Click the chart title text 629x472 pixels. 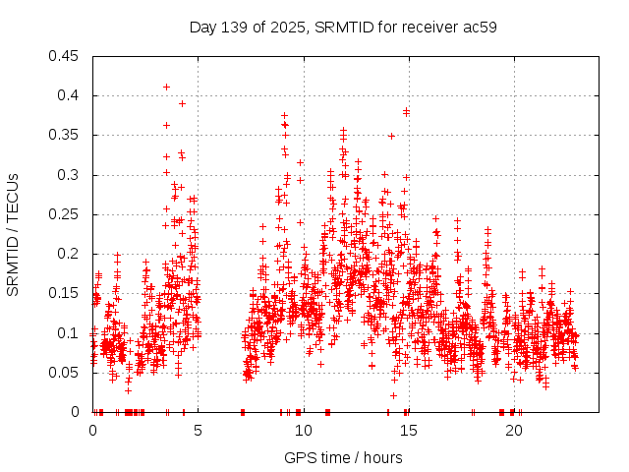point(342,27)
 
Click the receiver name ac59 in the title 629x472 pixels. point(479,27)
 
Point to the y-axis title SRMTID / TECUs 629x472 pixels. point(13,234)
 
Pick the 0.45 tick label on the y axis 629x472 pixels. point(65,56)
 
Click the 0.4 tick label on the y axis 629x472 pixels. point(69,95)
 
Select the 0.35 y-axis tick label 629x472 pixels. point(65,136)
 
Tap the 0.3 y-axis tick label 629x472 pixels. point(69,175)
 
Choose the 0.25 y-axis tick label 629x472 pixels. point(65,214)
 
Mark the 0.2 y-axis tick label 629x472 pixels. point(69,254)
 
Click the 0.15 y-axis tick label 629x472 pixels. point(65,293)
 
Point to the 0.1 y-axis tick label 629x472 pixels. point(69,333)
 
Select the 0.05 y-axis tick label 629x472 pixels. point(65,373)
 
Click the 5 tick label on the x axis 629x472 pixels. point(198,431)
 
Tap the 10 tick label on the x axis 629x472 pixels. point(303,431)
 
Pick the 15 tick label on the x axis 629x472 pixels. point(408,431)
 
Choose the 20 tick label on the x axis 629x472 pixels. point(513,431)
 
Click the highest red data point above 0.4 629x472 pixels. point(166,87)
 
